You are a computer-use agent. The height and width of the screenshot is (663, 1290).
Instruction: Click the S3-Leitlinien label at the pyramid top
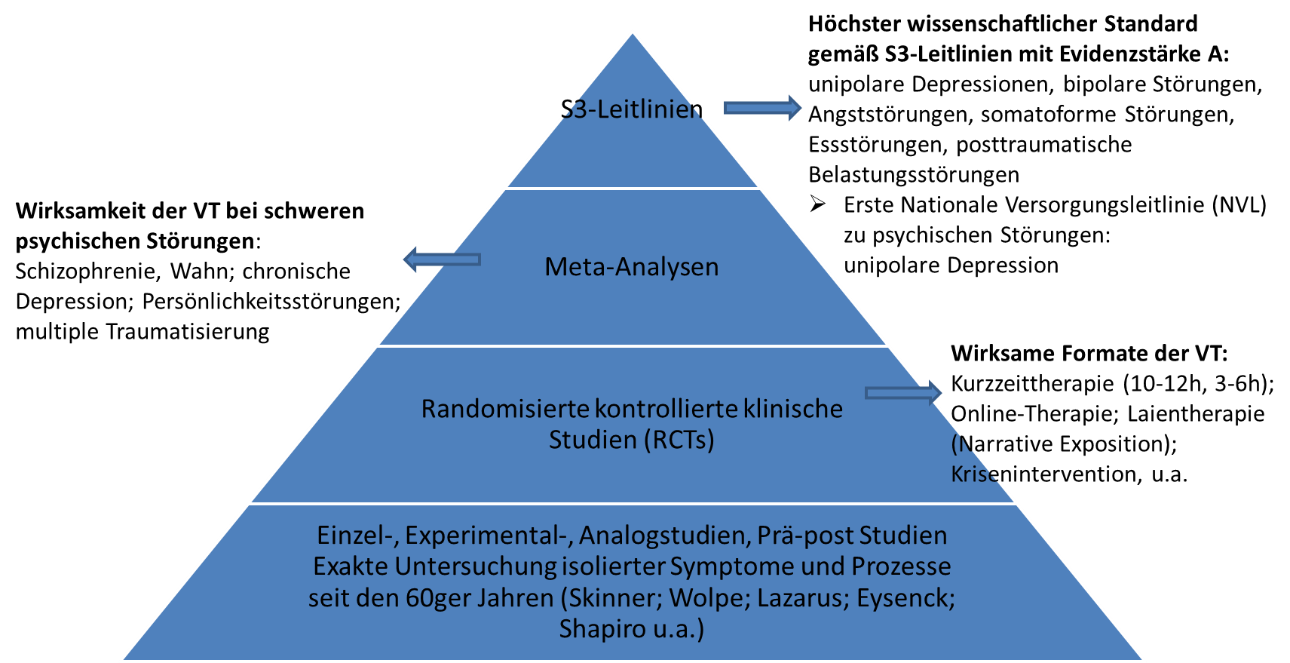tap(632, 109)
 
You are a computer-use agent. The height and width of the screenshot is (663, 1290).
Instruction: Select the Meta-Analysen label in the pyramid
tap(632, 267)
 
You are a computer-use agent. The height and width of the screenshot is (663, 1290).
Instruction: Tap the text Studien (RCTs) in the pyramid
tap(632, 440)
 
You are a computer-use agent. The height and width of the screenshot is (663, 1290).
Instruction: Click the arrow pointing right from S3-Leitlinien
tap(762, 108)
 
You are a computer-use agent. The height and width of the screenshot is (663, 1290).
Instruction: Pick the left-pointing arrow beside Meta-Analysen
tap(442, 259)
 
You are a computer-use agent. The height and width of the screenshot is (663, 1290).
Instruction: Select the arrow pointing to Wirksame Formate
tap(903, 393)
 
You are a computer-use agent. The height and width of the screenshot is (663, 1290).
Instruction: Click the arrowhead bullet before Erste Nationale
tap(817, 204)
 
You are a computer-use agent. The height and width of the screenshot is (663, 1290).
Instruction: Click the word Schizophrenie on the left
tap(87, 272)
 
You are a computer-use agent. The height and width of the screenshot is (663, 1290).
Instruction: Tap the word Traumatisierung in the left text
tap(187, 332)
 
